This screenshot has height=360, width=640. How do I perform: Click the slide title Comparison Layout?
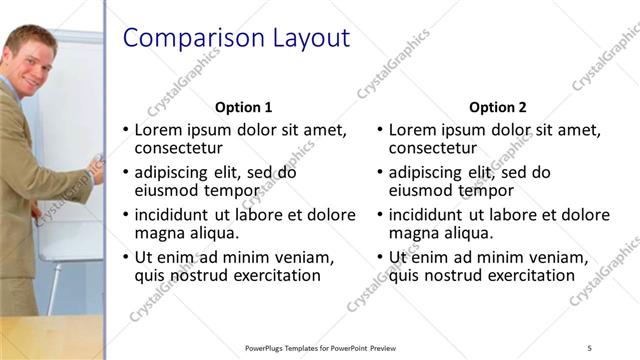(235, 39)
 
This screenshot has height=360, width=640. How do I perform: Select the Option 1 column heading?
(243, 107)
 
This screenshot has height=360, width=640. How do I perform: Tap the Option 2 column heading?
(497, 107)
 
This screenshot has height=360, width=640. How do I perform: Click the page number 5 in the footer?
(590, 347)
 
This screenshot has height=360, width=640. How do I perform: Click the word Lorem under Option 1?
(160, 130)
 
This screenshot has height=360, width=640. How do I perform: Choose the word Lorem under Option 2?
(414, 130)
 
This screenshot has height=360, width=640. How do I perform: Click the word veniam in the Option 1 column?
(303, 257)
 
